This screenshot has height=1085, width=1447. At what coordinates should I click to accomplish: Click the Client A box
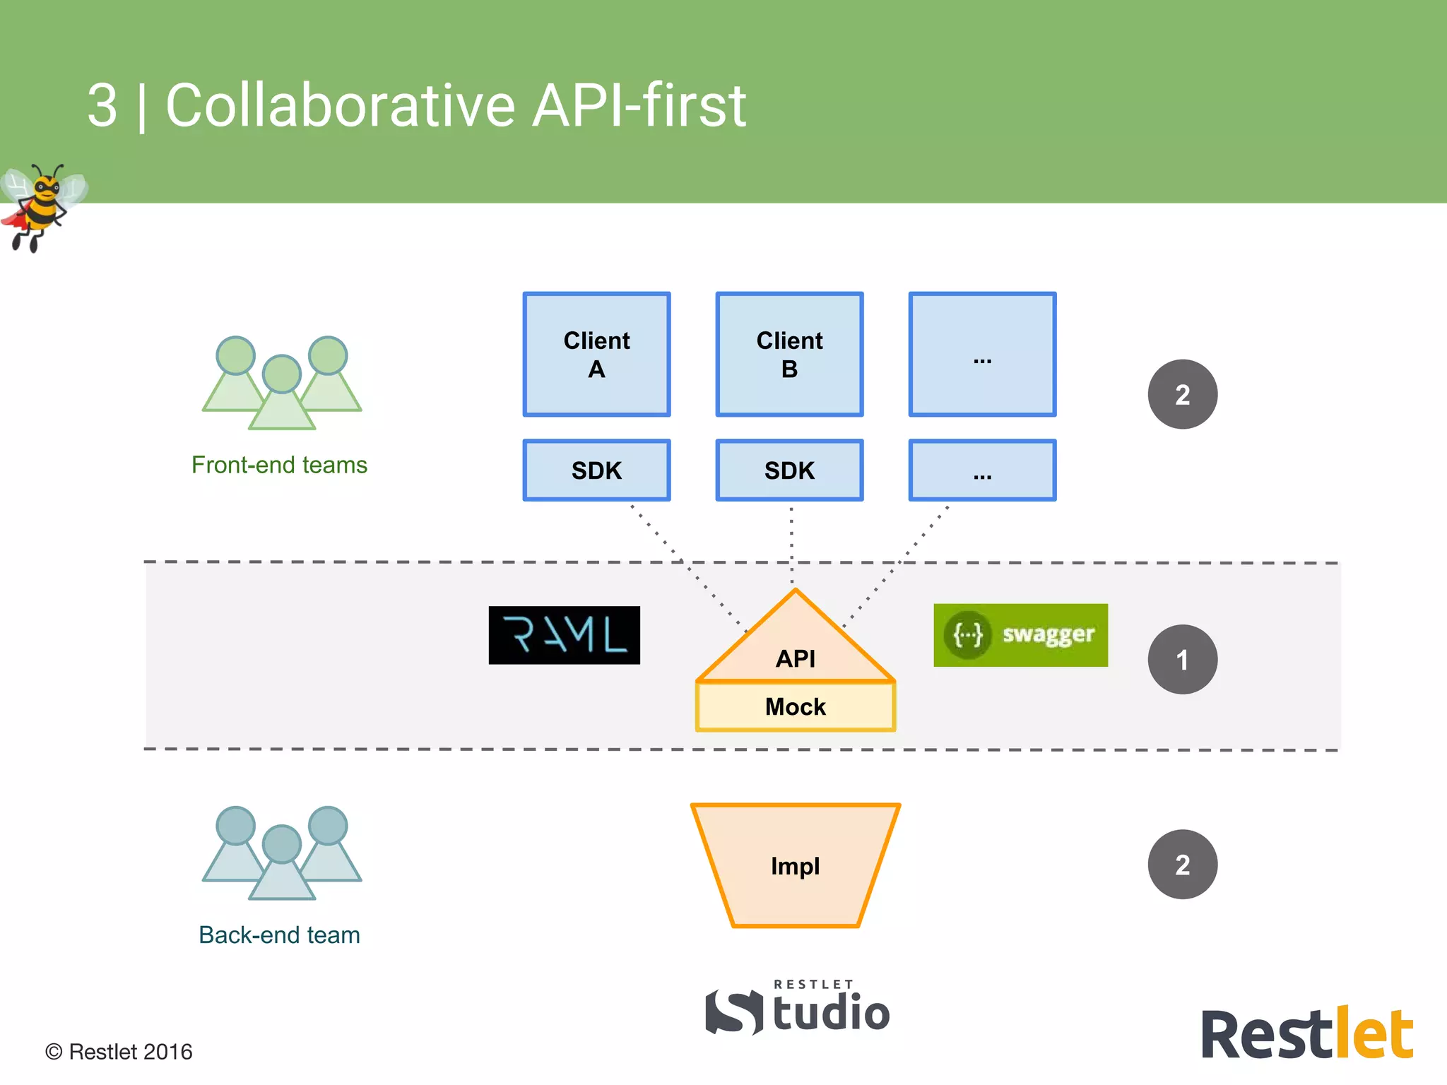pyautogui.click(x=596, y=354)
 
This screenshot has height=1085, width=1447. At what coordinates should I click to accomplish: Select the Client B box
pyautogui.click(x=789, y=354)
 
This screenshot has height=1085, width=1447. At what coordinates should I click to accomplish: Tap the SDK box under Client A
pyautogui.click(x=596, y=470)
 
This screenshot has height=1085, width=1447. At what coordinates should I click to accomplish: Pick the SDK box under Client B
pyautogui.click(x=789, y=470)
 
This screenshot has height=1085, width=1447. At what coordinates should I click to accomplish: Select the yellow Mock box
pyautogui.click(x=796, y=706)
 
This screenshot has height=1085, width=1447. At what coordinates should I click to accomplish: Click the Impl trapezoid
pyautogui.click(x=796, y=865)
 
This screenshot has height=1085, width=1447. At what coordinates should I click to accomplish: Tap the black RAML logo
pyautogui.click(x=564, y=635)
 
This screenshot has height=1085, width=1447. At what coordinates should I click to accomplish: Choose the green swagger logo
pyautogui.click(x=1020, y=635)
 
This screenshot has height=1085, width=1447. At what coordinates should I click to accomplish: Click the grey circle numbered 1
pyautogui.click(x=1182, y=659)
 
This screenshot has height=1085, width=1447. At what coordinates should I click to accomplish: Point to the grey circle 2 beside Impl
pyautogui.click(x=1182, y=864)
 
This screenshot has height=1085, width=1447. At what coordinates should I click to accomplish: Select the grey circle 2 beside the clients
pyautogui.click(x=1182, y=394)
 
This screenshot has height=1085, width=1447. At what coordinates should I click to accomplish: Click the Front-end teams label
pyautogui.click(x=279, y=465)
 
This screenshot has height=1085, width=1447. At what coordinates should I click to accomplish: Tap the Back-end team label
pyautogui.click(x=279, y=935)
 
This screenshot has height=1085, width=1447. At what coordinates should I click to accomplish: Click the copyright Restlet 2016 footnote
pyautogui.click(x=119, y=1052)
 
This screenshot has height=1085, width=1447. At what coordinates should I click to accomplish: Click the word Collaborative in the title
pyautogui.click(x=340, y=106)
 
